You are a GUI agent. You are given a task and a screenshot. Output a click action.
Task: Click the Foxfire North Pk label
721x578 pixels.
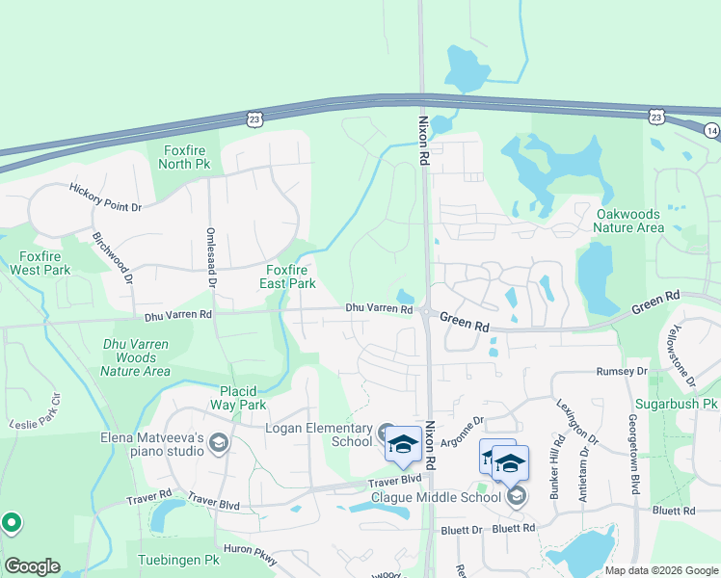tap(187, 157)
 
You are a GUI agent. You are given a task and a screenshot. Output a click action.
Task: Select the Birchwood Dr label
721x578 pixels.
tap(112, 257)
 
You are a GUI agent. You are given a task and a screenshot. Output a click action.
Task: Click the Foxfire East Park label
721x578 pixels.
tap(287, 276)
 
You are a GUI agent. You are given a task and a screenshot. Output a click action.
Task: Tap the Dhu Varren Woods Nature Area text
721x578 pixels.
tap(137, 357)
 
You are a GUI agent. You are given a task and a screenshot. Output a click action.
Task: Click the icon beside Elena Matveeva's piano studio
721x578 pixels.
tap(218, 442)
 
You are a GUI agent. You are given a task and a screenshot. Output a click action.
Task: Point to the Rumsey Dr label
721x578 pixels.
tap(622, 371)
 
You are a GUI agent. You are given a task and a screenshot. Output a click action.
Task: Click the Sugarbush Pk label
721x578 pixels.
tap(677, 404)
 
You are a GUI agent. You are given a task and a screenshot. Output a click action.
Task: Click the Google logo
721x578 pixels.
tap(32, 566)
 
